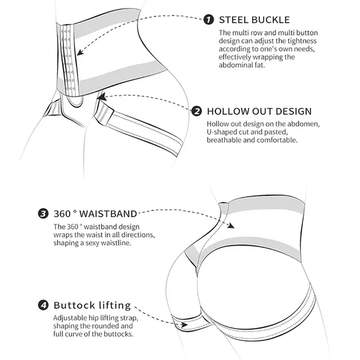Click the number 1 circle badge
point(209,20)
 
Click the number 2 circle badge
point(197,111)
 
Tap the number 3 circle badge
point(43,214)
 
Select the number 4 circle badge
point(43,306)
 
